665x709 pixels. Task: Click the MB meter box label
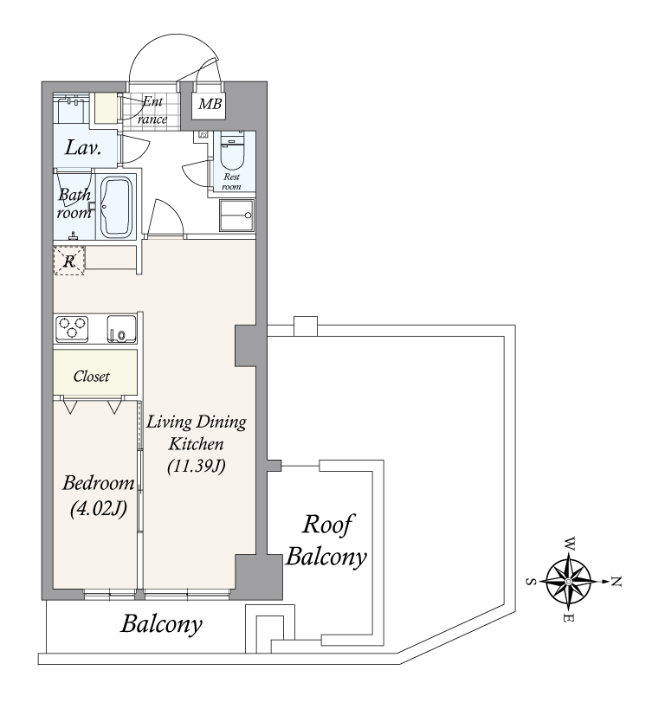210,105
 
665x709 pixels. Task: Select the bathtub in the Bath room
116,207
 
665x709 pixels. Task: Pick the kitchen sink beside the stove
121,329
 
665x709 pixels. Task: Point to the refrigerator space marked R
69,261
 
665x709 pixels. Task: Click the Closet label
92,377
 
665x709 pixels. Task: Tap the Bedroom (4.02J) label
98,496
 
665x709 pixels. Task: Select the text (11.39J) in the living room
197,466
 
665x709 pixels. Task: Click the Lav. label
83,148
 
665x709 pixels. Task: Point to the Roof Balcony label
326,540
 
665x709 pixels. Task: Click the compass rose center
568,581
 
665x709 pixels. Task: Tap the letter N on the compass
617,582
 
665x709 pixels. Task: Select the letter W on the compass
570,544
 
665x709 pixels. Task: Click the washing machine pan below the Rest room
236,216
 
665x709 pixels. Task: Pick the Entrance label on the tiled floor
152,110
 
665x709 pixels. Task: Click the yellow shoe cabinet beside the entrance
105,107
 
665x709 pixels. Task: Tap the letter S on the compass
531,582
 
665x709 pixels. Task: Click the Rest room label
231,181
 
